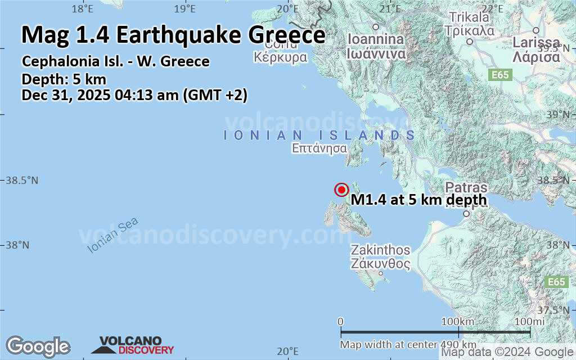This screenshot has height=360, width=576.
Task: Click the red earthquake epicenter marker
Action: (x=341, y=190)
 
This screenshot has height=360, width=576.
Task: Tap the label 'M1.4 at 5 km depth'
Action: (x=418, y=200)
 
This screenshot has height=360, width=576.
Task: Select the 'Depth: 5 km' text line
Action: (x=64, y=79)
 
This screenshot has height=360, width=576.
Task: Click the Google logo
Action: (x=38, y=346)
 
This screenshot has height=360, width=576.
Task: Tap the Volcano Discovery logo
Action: (x=132, y=345)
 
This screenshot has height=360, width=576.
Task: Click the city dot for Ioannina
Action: (x=375, y=26)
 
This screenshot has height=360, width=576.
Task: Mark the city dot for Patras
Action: (x=466, y=214)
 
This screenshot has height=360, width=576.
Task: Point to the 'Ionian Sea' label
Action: (x=112, y=235)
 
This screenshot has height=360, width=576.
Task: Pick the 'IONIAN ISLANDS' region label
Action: (x=319, y=136)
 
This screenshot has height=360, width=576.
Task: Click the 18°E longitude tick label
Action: (x=83, y=8)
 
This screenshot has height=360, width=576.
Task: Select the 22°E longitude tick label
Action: (x=492, y=8)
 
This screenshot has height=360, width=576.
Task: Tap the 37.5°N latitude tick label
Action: (x=560, y=310)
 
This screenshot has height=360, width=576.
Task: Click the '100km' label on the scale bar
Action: (x=458, y=321)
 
